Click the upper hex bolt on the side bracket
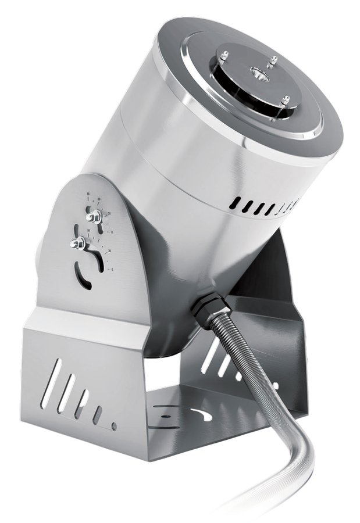92,217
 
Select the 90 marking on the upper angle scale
88,195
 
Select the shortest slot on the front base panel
97,415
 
